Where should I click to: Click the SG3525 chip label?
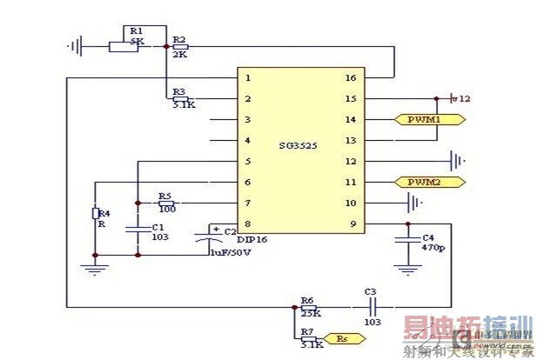[299, 146]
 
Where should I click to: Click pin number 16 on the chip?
[349, 77]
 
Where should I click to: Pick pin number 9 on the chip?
[352, 223]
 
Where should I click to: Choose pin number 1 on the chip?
[249, 77]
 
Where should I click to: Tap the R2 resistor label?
[179, 40]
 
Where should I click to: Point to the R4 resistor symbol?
[96, 214]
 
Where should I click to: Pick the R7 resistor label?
[307, 332]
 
